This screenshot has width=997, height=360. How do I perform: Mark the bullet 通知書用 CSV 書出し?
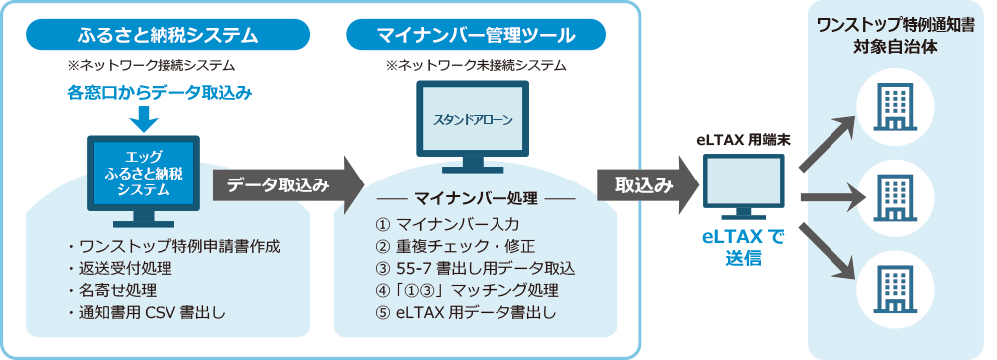146,314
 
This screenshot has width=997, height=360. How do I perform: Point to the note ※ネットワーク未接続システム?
476,66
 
